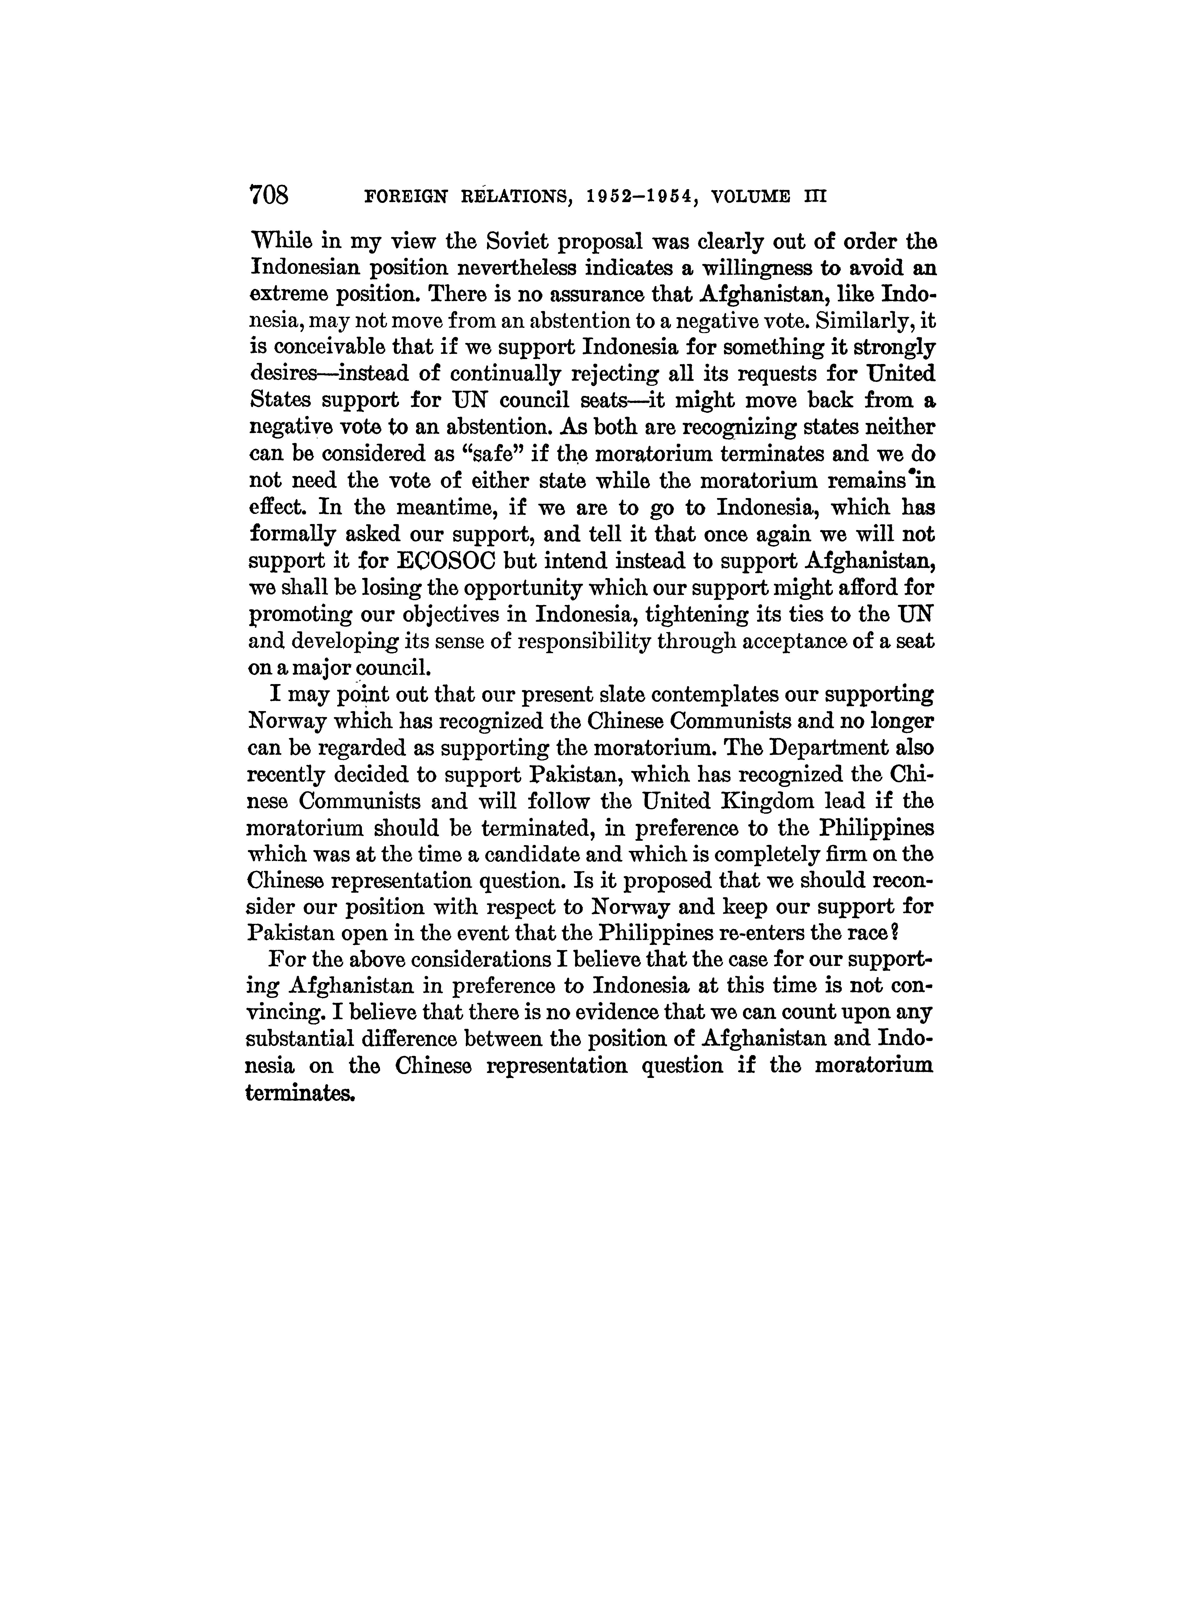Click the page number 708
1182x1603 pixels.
point(268,195)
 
